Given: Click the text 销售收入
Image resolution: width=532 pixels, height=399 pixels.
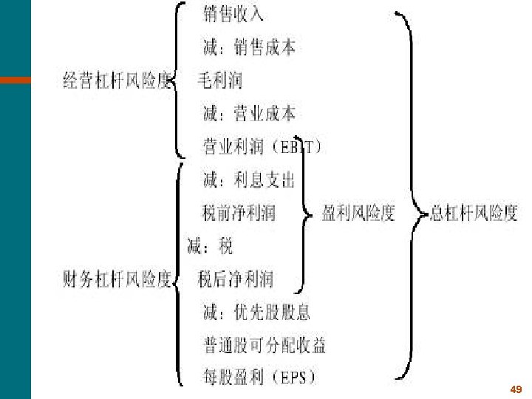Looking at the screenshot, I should tap(233, 14).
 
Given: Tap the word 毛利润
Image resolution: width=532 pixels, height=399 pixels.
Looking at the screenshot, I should tap(219, 80).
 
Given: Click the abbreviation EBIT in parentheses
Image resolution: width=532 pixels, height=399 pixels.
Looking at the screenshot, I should tap(299, 146).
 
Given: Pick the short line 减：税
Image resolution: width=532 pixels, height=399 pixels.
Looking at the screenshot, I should tap(209, 246).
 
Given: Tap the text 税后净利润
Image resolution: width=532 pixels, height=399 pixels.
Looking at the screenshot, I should tap(235, 279).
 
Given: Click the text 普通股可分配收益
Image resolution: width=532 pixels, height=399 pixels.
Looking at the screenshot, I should tap(264, 345).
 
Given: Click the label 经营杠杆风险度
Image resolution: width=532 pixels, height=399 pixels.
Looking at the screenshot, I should tap(117, 81).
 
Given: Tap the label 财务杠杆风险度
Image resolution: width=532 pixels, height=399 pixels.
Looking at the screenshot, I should tap(117, 280).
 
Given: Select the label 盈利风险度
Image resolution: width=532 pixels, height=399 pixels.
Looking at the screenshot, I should tap(358, 214).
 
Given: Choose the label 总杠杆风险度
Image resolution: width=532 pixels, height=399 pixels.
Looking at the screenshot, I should tap(474, 214).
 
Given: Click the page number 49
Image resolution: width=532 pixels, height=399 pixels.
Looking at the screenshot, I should tap(516, 389).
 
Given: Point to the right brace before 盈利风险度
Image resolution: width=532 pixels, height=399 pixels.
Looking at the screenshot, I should tap(304, 214).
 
